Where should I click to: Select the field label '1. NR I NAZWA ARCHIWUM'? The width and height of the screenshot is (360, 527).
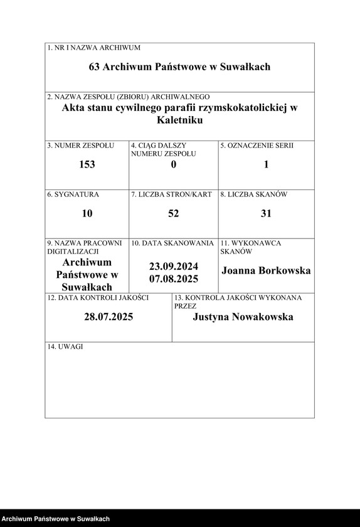tap(94, 48)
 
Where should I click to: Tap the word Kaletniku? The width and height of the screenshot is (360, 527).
tap(180, 120)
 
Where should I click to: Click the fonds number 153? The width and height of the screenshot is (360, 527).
tap(87, 164)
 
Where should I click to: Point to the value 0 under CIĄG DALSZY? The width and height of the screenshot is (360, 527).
tap(174, 164)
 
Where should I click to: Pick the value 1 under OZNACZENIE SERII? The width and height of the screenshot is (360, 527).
tap(266, 164)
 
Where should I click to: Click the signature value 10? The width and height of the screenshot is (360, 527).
tap(87, 213)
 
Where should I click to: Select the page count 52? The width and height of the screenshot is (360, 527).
tap(174, 213)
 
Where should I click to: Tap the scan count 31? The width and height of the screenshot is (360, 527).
tap(266, 213)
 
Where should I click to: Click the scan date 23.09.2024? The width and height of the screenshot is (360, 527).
tap(174, 265)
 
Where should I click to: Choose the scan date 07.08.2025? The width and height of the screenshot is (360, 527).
tap(174, 279)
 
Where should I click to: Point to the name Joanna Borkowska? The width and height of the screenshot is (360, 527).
tap(266, 271)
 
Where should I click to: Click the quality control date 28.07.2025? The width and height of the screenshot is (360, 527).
tap(109, 317)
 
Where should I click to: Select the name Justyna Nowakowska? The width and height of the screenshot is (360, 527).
tap(243, 317)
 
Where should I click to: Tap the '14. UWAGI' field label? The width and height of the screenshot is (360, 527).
tap(65, 346)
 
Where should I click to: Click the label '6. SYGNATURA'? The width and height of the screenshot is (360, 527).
tap(73, 194)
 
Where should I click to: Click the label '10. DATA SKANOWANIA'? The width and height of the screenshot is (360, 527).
tap(172, 243)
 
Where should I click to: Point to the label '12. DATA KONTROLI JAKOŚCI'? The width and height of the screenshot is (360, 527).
tap(98, 297)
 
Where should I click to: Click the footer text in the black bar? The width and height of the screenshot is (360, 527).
tap(56, 519)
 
